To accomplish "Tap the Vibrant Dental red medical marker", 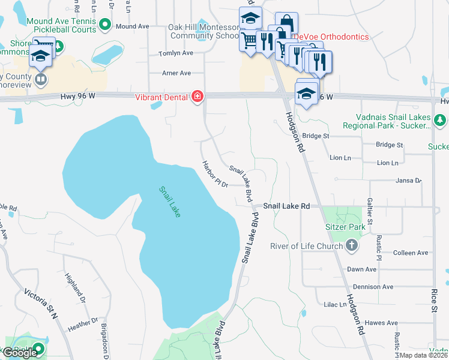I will point(197,97).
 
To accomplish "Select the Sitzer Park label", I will point(345,227).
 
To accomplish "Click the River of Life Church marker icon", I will point(352,246).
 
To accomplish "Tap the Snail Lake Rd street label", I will point(286,206).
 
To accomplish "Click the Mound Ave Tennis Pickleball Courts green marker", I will point(105,25).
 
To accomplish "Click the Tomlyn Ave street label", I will point(175,53).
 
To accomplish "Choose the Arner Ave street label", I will point(176,73).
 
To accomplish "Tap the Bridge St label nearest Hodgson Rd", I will point(316,136).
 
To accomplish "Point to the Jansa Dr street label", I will point(409,180).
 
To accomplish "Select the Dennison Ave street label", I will point(372,287).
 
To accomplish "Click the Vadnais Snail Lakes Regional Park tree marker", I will point(441,121).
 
